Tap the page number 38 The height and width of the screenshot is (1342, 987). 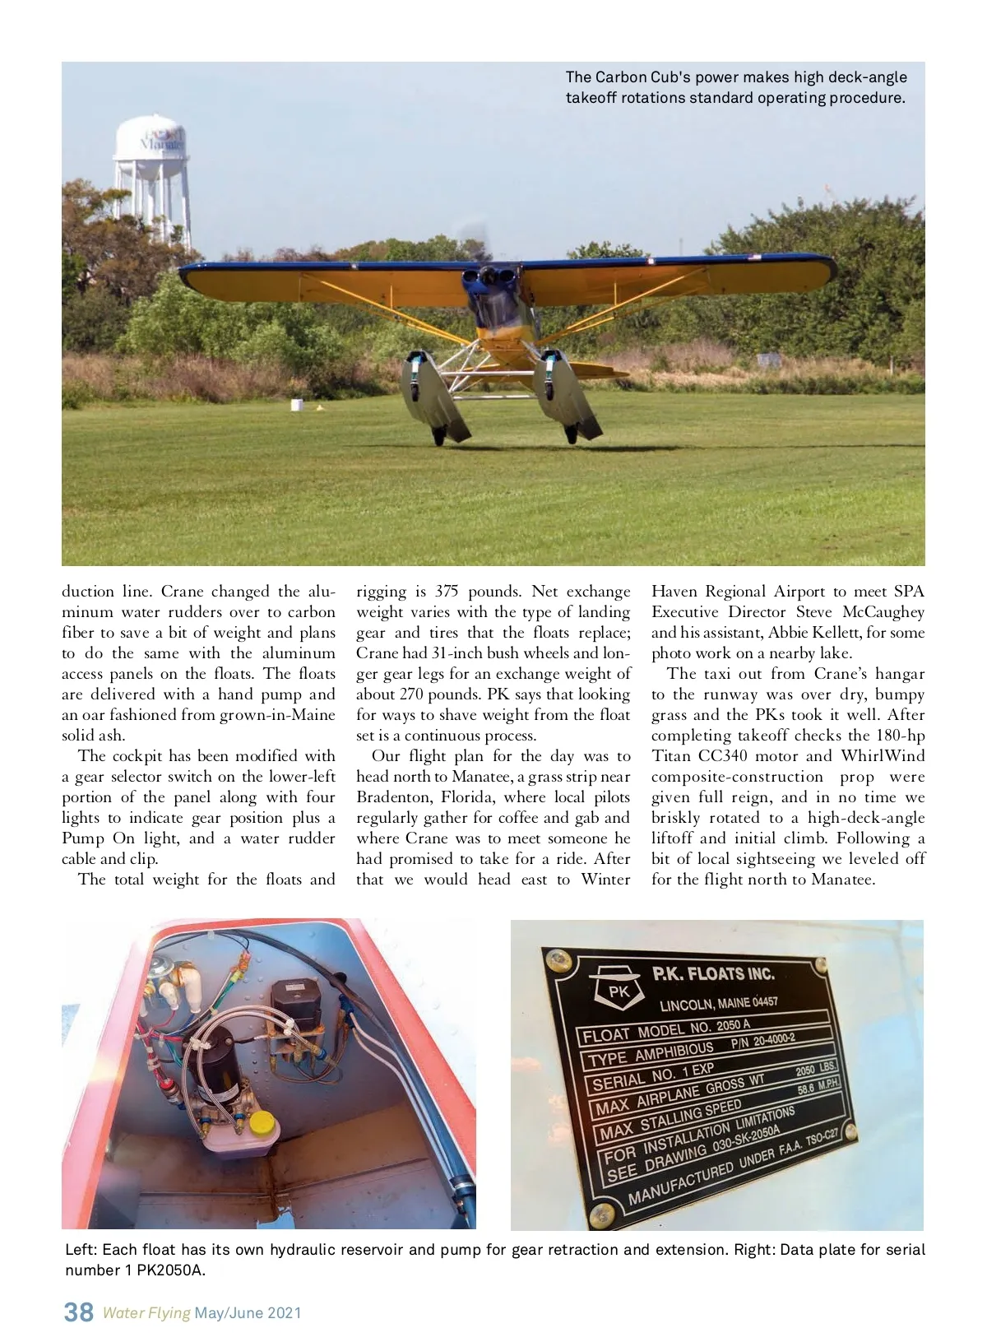[x=79, y=1312]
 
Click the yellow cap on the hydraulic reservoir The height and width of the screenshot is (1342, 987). [x=262, y=1122]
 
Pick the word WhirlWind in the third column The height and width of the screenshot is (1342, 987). [x=883, y=756]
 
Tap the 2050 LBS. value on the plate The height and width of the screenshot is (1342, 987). [x=816, y=1070]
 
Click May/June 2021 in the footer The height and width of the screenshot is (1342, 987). [x=248, y=1312]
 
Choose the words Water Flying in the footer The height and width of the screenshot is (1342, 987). [x=146, y=1312]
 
